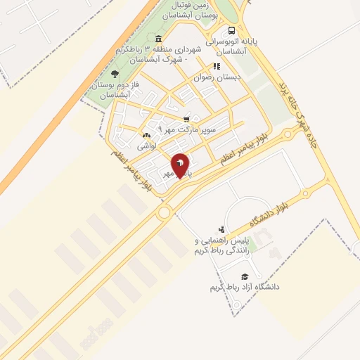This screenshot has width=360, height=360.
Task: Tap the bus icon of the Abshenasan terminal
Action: click(231, 31)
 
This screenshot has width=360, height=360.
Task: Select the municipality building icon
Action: click(157, 39)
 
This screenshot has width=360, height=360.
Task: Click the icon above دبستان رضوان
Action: click(217, 66)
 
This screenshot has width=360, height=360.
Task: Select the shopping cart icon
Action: click(186, 119)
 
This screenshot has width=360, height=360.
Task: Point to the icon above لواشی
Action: click(146, 135)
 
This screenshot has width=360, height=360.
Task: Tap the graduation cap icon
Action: click(245, 276)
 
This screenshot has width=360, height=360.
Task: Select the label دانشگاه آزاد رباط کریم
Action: click(245, 287)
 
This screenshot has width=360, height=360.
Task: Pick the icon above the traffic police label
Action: click(222, 229)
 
